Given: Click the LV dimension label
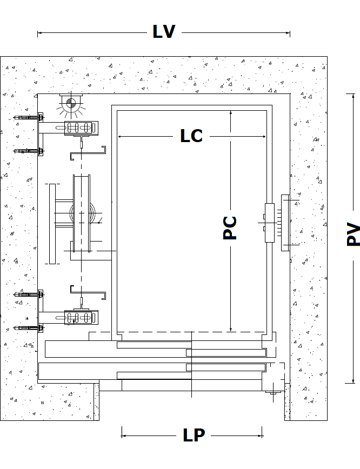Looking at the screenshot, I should pos(164,32).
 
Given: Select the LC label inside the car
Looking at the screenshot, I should pos(191,136).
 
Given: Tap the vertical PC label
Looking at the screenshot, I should pos(230,227).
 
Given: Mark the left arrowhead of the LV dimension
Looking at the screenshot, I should pos(39,33).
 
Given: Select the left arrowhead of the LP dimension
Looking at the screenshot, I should pos(124,432).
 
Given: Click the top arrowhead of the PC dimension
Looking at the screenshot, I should pos(231,113).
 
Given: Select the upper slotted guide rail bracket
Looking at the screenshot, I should pos(81,128).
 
